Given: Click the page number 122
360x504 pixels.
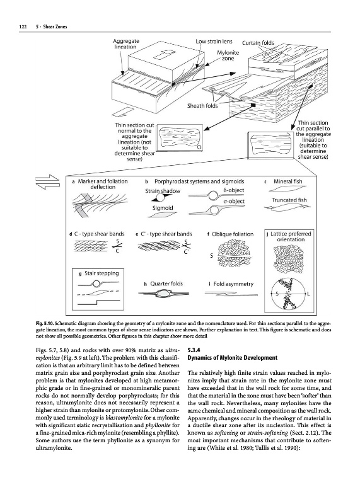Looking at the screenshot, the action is (23, 27).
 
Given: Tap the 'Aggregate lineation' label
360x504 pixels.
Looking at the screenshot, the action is (126, 44).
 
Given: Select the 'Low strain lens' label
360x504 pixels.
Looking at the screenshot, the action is (214, 42).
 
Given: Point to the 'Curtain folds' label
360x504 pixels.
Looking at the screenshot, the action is (258, 43).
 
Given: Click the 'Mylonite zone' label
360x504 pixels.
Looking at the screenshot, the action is (228, 55).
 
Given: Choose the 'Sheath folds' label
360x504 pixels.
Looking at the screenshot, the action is (202, 106).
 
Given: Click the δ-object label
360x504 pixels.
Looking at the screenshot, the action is (233, 190).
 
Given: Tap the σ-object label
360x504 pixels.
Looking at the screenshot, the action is (234, 201).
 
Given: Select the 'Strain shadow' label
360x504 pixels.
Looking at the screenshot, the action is (163, 191).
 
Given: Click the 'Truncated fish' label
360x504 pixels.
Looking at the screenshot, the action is (289, 200).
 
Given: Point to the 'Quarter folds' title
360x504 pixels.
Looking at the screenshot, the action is (166, 284).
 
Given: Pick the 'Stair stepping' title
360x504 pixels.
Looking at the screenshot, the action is (102, 273).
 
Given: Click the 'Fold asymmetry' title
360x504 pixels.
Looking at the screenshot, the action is (233, 284).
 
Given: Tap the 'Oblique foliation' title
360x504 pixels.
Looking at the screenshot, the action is (233, 234).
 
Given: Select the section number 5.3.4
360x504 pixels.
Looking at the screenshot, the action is (192, 350).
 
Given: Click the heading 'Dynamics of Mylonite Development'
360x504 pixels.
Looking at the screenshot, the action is (232, 358).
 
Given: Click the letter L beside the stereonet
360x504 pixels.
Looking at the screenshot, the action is (308, 294).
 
